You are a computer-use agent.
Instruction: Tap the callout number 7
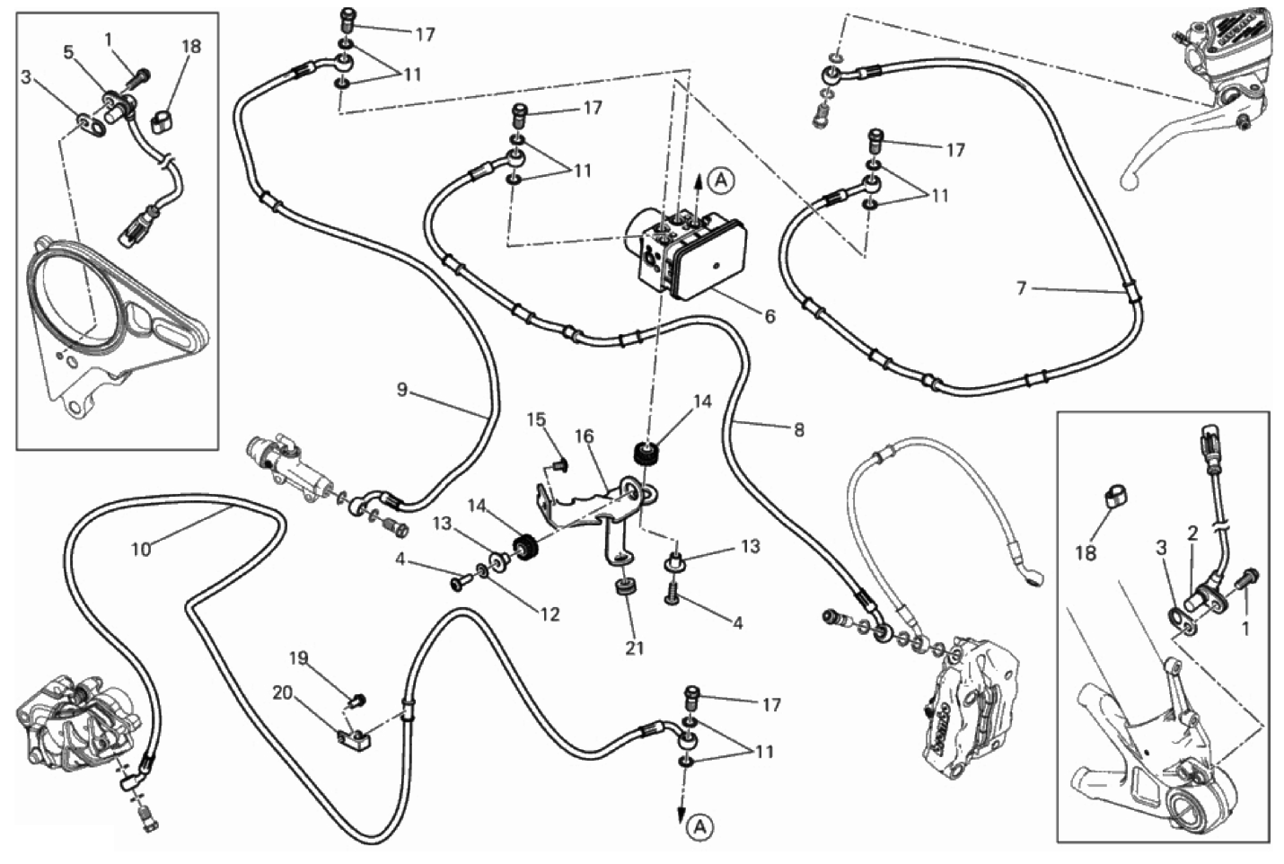coord(1021,288)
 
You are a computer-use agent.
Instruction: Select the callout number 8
coord(798,429)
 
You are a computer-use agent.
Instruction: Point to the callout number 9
coord(402,390)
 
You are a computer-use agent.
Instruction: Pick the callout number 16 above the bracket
coord(585,436)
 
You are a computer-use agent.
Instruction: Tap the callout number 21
coord(635,647)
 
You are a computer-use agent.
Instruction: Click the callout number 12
coord(550,614)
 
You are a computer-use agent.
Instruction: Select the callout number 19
coord(298,659)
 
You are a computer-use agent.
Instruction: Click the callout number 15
coord(536,419)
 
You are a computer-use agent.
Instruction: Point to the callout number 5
coord(68,52)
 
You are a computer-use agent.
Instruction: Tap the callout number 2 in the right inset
coord(1193,533)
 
